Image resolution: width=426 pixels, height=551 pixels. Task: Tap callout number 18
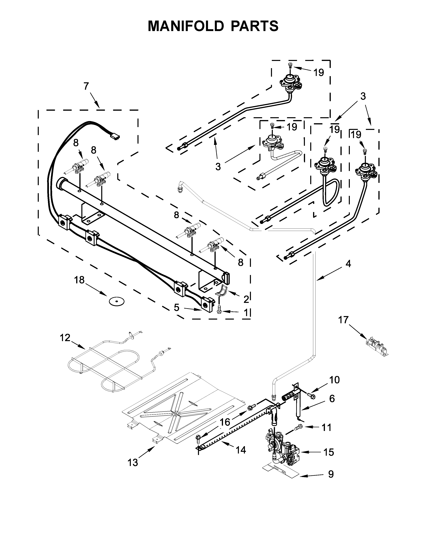click(79, 280)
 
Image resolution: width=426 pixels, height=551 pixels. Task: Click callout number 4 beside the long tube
click(348, 264)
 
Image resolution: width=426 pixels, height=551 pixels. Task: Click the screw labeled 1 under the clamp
click(219, 309)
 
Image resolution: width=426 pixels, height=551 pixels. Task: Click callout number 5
click(176, 308)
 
